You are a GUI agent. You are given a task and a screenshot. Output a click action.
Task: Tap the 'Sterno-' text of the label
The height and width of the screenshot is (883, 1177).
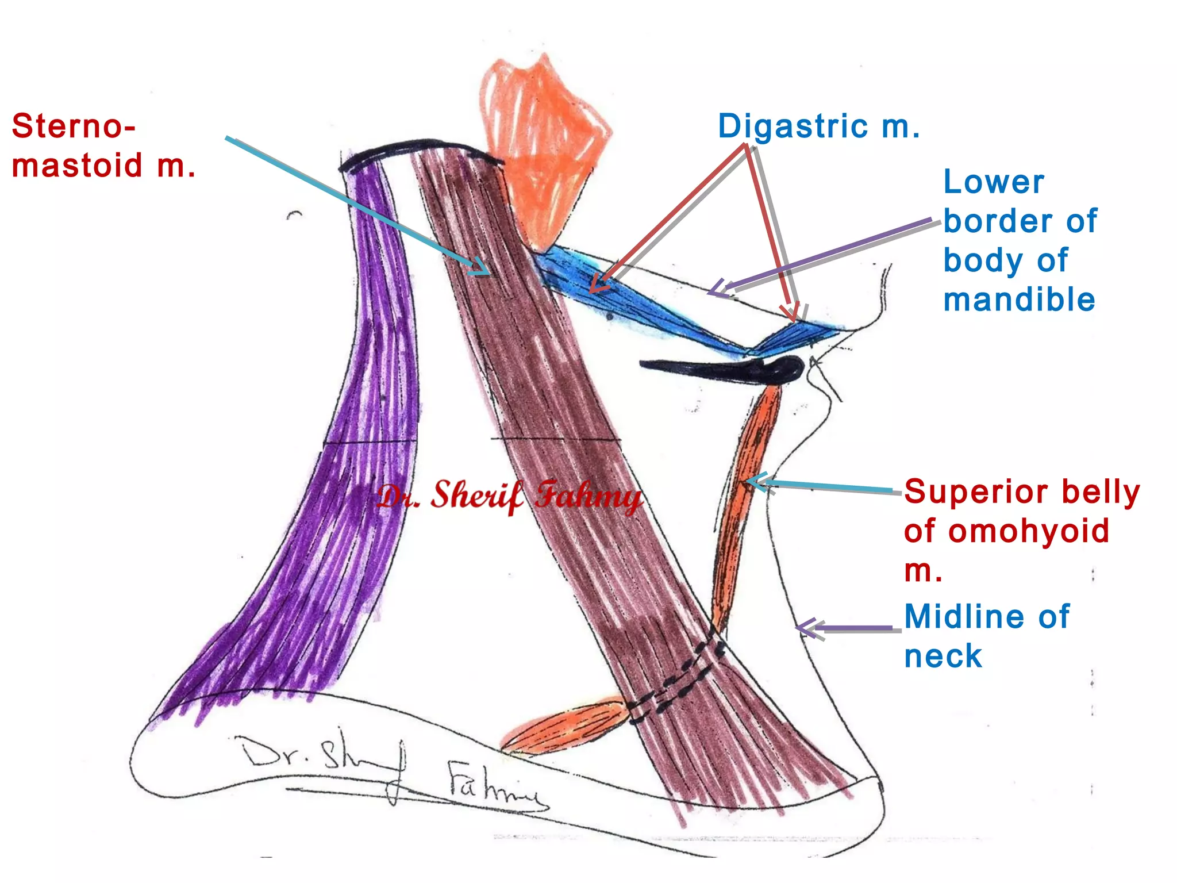74,126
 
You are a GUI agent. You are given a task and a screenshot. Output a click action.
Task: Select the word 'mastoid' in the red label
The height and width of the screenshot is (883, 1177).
76,166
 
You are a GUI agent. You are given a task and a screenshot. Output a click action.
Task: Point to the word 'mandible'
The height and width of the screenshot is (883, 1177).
1019,300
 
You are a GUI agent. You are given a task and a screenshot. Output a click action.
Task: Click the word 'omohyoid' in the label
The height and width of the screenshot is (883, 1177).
1029,531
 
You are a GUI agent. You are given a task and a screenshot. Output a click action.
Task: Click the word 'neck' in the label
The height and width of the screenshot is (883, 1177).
943,656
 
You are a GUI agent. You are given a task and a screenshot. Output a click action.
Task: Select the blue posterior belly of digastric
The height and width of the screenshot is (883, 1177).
621,299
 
